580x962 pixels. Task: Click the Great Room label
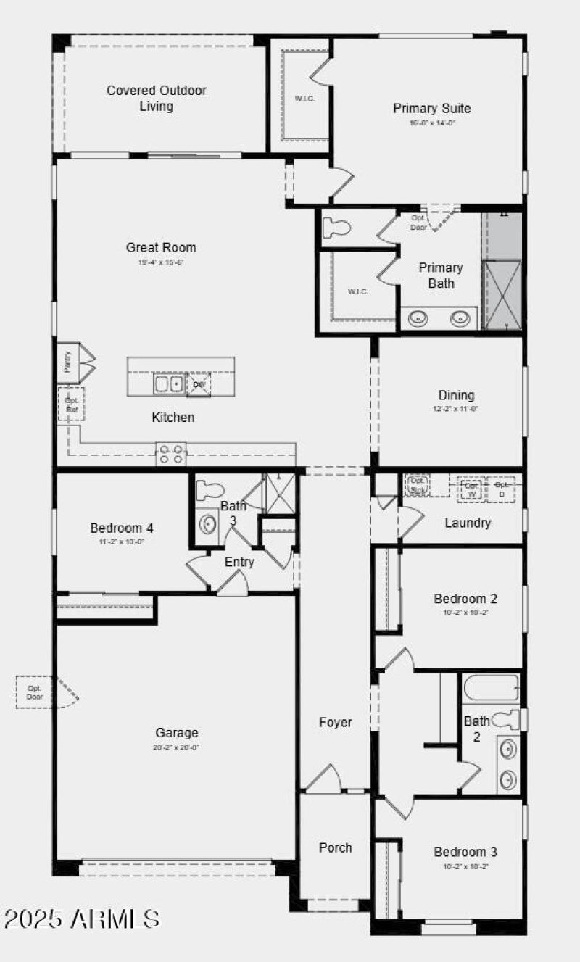(x=161, y=248)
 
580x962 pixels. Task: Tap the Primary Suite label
(x=431, y=109)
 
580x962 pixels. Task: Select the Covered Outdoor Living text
(x=157, y=99)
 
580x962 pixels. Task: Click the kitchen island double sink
(x=169, y=383)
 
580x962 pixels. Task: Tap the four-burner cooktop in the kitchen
(x=172, y=455)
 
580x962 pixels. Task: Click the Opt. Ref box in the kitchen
(x=72, y=405)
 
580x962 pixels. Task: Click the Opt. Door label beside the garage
(x=35, y=692)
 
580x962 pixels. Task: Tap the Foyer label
(x=336, y=722)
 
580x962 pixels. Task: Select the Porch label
(x=336, y=847)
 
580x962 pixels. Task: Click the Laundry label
(x=468, y=523)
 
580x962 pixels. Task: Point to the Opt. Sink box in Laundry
(x=418, y=484)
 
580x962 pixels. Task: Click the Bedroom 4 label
(x=121, y=528)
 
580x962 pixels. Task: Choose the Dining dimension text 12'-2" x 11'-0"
(x=456, y=409)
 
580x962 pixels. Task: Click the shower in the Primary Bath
(x=502, y=294)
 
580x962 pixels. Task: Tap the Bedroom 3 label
(x=465, y=852)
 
